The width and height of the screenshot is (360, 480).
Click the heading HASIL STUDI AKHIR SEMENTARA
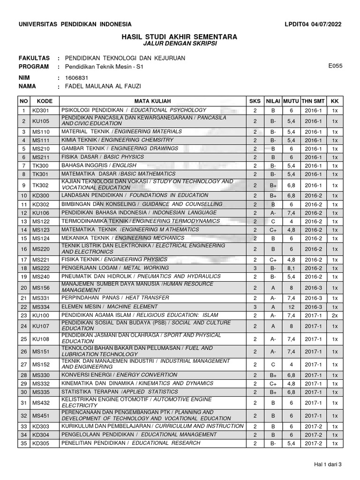click(180, 37)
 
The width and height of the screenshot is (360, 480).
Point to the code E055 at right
click(336, 66)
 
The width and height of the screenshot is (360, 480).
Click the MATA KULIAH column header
click(153, 101)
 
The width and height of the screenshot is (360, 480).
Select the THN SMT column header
click(313, 101)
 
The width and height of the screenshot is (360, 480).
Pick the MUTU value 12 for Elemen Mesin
click(291, 307)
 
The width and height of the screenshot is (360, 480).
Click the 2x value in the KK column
click(335, 315)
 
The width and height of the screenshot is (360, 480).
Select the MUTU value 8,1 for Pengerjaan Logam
click(291, 268)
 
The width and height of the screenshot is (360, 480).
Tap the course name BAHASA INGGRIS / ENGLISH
click(99, 165)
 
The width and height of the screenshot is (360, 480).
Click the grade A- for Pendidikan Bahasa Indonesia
click(273, 213)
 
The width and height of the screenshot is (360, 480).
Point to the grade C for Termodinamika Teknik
click(273, 221)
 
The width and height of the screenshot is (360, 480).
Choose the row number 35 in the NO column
click(23, 443)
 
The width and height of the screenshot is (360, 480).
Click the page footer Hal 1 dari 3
click(328, 465)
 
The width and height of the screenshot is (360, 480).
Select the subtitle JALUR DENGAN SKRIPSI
click(180, 44)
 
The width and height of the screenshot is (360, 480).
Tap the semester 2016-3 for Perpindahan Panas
click(313, 298)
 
